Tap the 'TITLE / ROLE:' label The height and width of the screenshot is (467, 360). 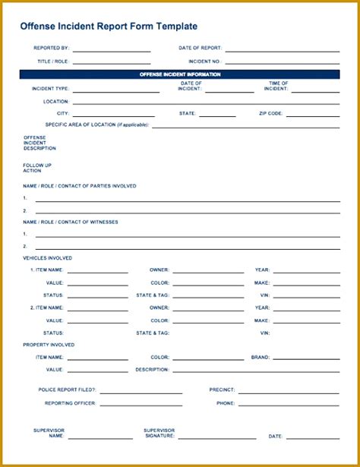click(x=52, y=61)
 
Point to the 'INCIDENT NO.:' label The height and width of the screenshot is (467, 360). click(x=205, y=61)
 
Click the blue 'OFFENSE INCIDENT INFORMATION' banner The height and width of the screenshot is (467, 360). click(x=180, y=74)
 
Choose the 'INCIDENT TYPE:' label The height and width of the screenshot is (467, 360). click(x=50, y=88)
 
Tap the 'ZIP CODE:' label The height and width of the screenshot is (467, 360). click(x=270, y=112)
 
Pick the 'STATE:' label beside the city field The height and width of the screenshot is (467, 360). click(x=188, y=112)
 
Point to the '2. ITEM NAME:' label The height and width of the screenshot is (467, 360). click(x=47, y=308)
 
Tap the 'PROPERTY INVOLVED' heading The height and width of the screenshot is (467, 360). click(x=49, y=345)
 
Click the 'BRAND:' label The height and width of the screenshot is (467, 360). click(x=261, y=357)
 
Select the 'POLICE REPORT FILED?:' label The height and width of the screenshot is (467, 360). click(x=67, y=390)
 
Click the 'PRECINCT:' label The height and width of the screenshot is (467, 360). click(x=222, y=390)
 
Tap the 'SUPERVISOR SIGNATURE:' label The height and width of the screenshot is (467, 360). click(x=159, y=433)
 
